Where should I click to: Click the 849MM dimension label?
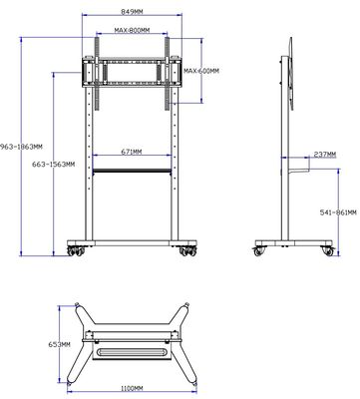[x=132, y=12]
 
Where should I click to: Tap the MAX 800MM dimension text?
[x=132, y=30]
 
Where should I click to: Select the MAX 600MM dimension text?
[x=201, y=71]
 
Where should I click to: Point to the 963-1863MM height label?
[x=21, y=147]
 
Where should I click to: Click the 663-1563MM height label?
[x=53, y=164]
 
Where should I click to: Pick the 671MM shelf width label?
[x=132, y=152]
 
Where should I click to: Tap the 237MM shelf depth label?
[x=325, y=155]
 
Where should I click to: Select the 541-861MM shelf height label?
[x=338, y=212]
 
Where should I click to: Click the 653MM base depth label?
[x=60, y=344]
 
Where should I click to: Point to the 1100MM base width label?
[x=132, y=388]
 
